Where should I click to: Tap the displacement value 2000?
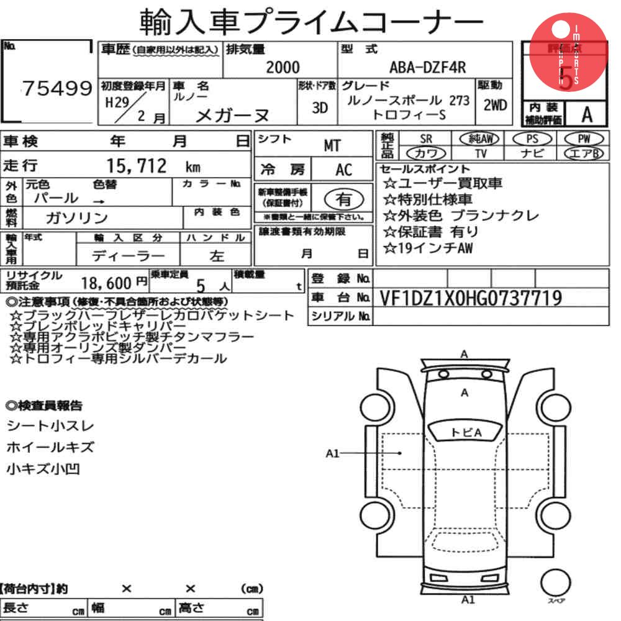[x=283, y=67]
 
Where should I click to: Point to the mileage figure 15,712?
[x=137, y=166]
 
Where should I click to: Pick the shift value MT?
[x=332, y=145]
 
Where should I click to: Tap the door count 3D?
[x=320, y=107]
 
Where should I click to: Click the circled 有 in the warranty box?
[x=343, y=199]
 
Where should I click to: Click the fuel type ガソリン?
[x=77, y=217]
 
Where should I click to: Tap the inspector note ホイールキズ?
[x=50, y=446]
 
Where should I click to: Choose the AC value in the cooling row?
[x=343, y=170]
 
